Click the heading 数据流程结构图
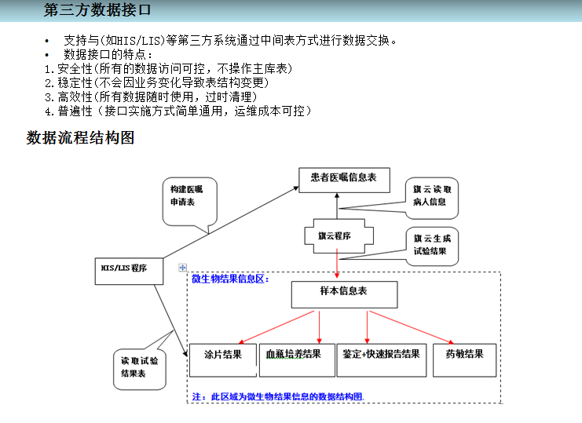coord(81,138)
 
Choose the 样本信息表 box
coord(343,292)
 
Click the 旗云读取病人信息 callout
coord(432,196)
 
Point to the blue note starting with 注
coord(278,396)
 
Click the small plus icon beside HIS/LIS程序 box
coord(183,268)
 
